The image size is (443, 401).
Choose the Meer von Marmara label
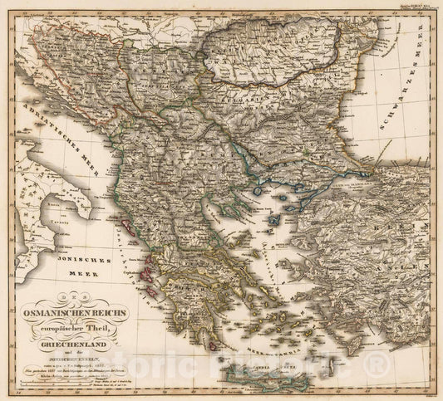coord(332,175)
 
